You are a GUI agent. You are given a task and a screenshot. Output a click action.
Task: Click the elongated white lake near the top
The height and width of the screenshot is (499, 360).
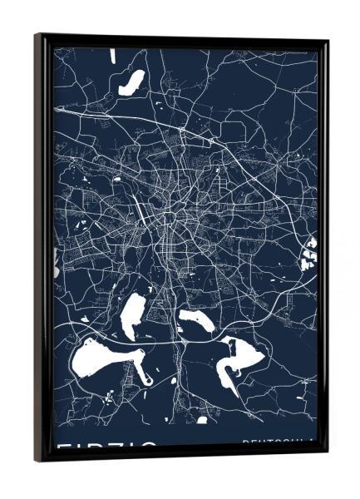tap(132, 81)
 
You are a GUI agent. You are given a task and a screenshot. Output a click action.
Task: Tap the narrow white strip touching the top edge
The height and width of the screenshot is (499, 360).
tap(112, 55)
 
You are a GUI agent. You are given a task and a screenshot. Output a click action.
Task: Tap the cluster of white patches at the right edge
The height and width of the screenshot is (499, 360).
tap(311, 252)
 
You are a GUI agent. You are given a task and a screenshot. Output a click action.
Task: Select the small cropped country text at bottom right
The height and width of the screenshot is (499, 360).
tap(279, 443)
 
